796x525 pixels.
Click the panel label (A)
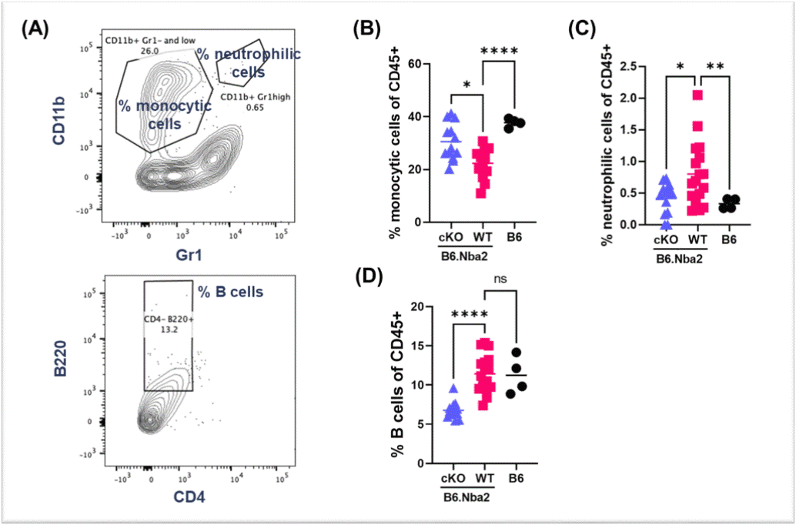(37, 30)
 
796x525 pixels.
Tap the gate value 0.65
(231, 109)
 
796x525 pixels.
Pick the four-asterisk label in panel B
(500, 52)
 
